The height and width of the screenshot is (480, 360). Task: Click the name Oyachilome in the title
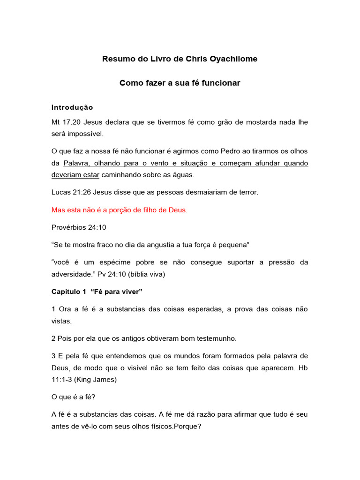coord(231,59)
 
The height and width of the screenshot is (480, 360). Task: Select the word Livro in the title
coord(145,59)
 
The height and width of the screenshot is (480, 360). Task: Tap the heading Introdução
coord(72,107)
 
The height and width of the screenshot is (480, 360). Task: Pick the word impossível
coord(84,134)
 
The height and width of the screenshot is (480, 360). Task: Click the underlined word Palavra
coord(77,163)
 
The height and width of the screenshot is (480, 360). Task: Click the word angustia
coord(148,245)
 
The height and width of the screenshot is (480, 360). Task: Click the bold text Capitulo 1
coord(68,292)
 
